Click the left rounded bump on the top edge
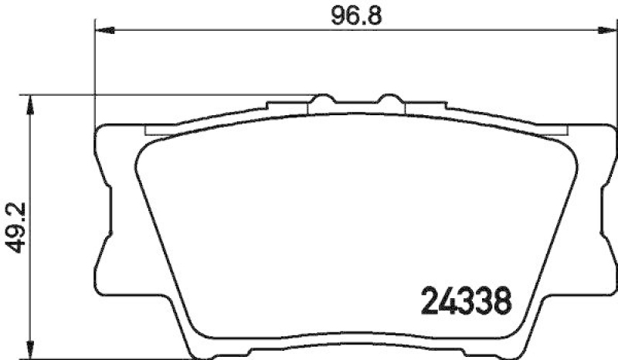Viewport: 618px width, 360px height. coord(324,100)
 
